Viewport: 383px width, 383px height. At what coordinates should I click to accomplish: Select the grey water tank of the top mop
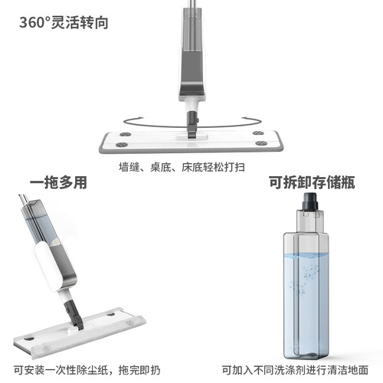click(190, 57)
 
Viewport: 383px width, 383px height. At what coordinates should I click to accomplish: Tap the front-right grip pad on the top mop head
click(261, 142)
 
